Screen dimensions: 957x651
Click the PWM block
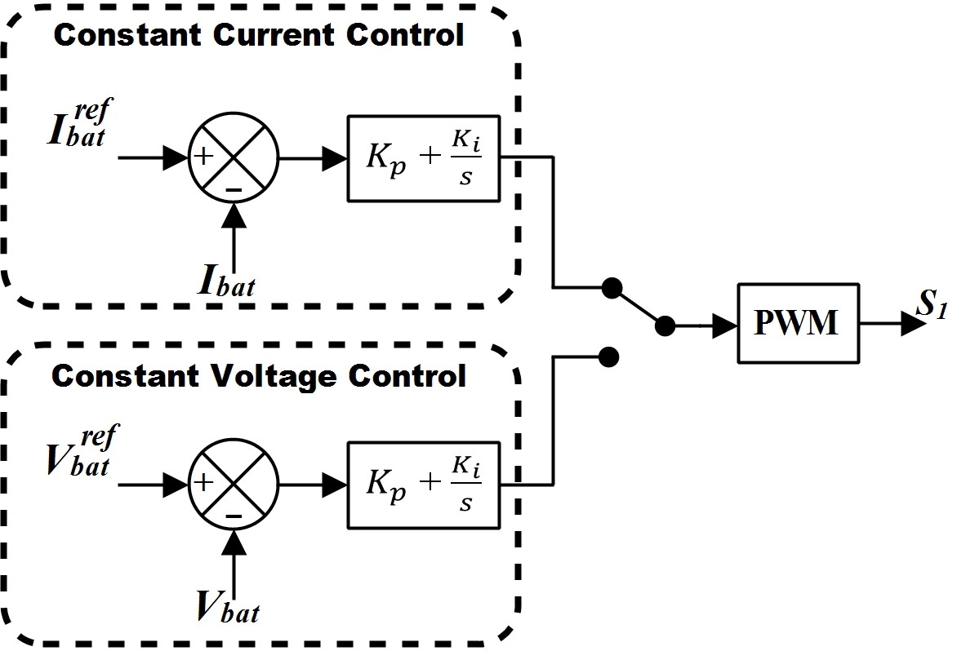[799, 323]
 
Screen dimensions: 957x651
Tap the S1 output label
[932, 303]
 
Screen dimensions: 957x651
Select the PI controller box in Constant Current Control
[424, 158]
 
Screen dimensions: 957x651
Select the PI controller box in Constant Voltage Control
[424, 485]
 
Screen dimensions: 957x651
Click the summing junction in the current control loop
[234, 157]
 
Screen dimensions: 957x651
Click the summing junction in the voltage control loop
[234, 485]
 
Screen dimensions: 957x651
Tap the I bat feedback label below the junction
[226, 281]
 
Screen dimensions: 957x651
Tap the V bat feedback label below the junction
[228, 606]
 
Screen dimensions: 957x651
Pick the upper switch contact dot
[612, 288]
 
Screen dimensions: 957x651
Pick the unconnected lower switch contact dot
[608, 357]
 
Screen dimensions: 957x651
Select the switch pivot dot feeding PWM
[665, 326]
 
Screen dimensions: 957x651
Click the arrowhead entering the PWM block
[724, 326]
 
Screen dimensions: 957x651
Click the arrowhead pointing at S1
[914, 323]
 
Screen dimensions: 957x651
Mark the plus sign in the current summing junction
[204, 157]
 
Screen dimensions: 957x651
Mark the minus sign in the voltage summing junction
[234, 516]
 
